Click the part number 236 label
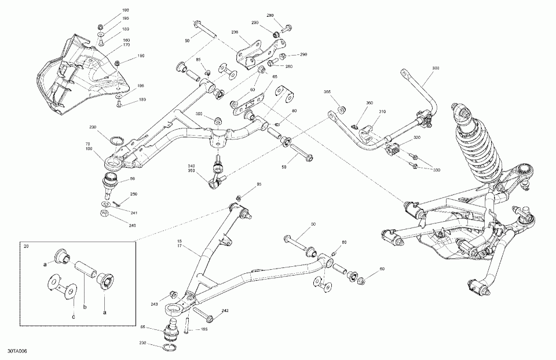(235, 32)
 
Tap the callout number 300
(436, 68)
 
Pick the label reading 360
(370, 103)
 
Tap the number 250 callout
(133, 194)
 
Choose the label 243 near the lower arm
(154, 304)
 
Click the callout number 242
(225, 311)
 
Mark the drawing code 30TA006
(17, 351)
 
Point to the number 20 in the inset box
(25, 247)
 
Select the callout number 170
(125, 45)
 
